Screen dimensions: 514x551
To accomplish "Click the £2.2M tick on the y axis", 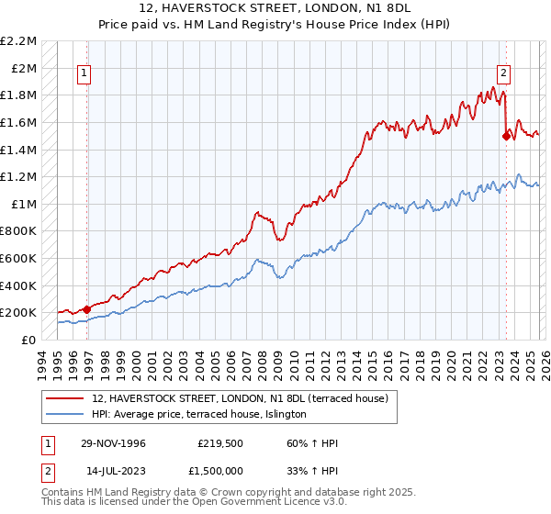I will pyautogui.click(x=18, y=41).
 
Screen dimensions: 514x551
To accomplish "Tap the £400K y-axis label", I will pyautogui.click(x=18, y=285).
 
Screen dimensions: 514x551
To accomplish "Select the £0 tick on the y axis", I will pyautogui.click(x=29, y=340).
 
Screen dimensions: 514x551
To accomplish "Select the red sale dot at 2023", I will pyautogui.click(x=506, y=136).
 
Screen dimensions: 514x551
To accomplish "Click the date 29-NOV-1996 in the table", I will pyautogui.click(x=112, y=443).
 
